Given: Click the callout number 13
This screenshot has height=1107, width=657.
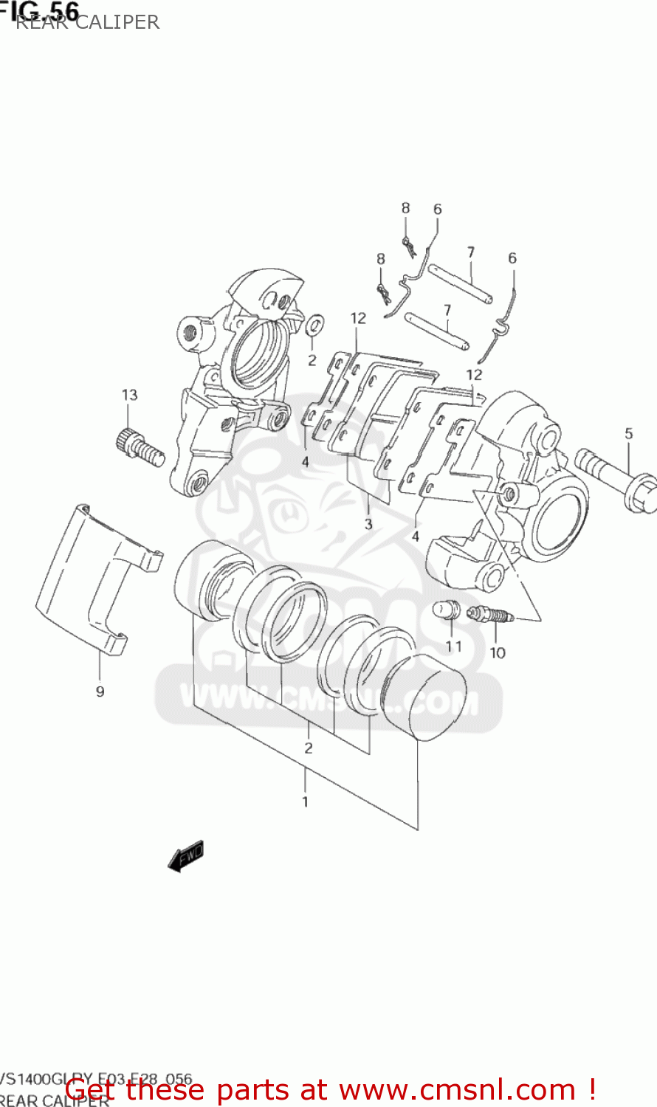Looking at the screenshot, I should (x=130, y=395).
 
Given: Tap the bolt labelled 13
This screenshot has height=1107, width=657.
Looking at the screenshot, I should (x=138, y=447).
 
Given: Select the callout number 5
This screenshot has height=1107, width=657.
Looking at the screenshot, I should (x=628, y=433).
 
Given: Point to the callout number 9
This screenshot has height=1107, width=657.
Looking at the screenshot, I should (x=100, y=692).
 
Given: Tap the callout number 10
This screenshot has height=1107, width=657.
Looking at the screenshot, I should (x=498, y=652).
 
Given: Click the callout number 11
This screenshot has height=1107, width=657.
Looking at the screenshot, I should (x=453, y=646).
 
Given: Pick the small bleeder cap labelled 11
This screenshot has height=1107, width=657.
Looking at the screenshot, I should (x=446, y=610).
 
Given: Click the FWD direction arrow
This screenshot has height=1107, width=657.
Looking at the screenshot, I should (x=185, y=856).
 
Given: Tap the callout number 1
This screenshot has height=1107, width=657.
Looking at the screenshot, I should (x=305, y=801).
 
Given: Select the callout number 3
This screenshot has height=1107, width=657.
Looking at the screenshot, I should (x=368, y=525).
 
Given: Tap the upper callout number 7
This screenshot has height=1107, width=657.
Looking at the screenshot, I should (x=470, y=252).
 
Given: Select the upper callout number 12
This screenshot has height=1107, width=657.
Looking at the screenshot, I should (x=358, y=318).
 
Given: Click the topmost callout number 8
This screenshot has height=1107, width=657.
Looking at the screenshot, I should (x=405, y=208).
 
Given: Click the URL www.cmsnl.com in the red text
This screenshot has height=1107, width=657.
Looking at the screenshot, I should (x=458, y=1089).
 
